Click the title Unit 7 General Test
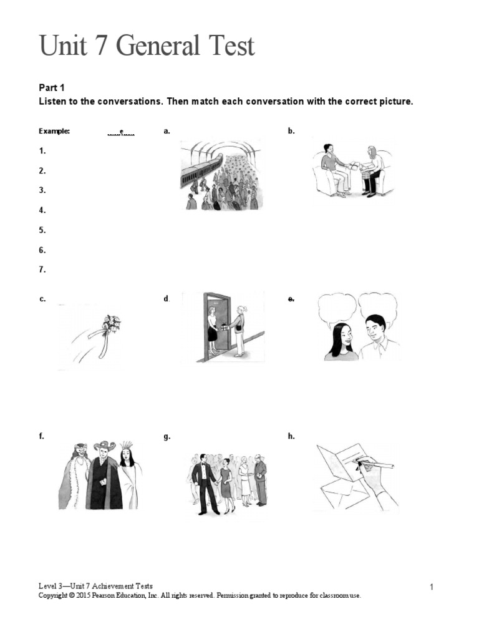pos(147,47)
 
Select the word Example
pos(54,131)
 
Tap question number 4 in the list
pos(42,210)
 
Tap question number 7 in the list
pos(42,270)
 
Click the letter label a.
pos(167,131)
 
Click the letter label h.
pos(291,437)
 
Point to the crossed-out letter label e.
pos(291,299)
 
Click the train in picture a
pos(198,170)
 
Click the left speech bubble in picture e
pos(336,307)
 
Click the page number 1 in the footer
pos(431,587)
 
